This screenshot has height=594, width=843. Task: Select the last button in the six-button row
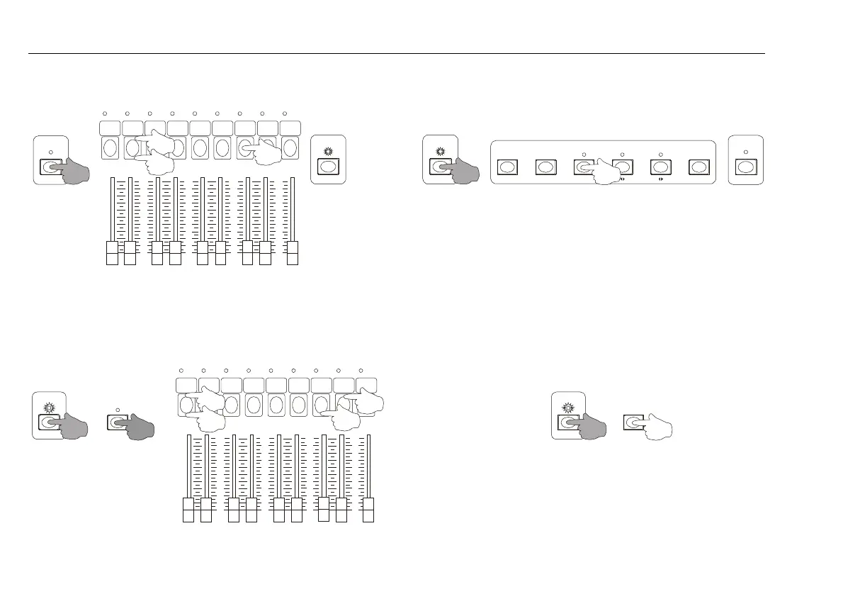(x=699, y=167)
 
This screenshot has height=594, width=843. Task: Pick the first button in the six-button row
(x=507, y=167)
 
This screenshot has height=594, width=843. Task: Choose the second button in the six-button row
(x=545, y=167)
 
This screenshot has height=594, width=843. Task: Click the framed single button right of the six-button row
(x=745, y=167)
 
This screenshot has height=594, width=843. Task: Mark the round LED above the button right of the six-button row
(x=745, y=152)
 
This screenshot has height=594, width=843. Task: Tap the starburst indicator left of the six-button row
(x=440, y=151)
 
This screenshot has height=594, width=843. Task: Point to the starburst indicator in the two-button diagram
(x=567, y=408)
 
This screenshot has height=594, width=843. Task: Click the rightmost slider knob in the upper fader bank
(x=292, y=253)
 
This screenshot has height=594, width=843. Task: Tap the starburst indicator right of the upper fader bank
(x=327, y=151)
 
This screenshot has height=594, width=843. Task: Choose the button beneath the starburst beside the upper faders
(x=327, y=167)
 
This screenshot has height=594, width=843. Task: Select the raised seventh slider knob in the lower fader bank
(x=324, y=508)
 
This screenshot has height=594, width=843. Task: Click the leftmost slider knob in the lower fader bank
(x=188, y=510)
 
